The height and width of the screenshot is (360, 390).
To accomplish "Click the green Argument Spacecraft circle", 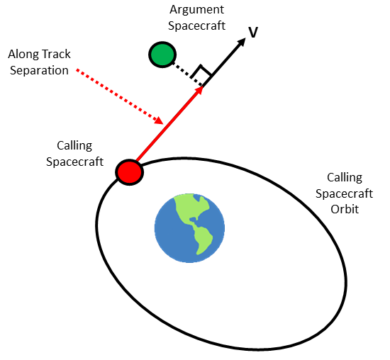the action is [x=162, y=55].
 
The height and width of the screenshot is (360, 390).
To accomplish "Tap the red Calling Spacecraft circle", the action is [x=129, y=172].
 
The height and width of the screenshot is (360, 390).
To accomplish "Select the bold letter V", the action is [x=253, y=33].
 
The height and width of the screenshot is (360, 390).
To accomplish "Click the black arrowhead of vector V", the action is [x=241, y=42].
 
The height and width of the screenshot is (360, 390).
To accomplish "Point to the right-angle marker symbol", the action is [x=201, y=71].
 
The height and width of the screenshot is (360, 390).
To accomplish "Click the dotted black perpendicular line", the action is [x=187, y=74].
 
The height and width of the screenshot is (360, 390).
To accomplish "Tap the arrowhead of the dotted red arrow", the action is [x=159, y=120].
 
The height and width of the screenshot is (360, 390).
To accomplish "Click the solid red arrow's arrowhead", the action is [x=200, y=90].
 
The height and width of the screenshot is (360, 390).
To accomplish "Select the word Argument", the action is [x=196, y=10].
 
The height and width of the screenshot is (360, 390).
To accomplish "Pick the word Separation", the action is [x=39, y=71].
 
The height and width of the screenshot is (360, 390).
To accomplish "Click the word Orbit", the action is [x=345, y=209].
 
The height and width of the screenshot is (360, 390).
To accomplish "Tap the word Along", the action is [x=23, y=54].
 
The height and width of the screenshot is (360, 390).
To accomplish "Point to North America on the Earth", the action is [x=192, y=206].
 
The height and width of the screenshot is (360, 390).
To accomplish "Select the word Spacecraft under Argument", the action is [x=196, y=26].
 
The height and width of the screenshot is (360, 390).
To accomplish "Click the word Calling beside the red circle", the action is [x=74, y=146].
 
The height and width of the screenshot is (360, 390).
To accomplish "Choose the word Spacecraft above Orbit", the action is [x=344, y=193].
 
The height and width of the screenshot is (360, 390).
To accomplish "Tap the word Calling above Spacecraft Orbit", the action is [x=345, y=178].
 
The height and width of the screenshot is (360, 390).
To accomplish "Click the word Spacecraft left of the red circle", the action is [x=74, y=162].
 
